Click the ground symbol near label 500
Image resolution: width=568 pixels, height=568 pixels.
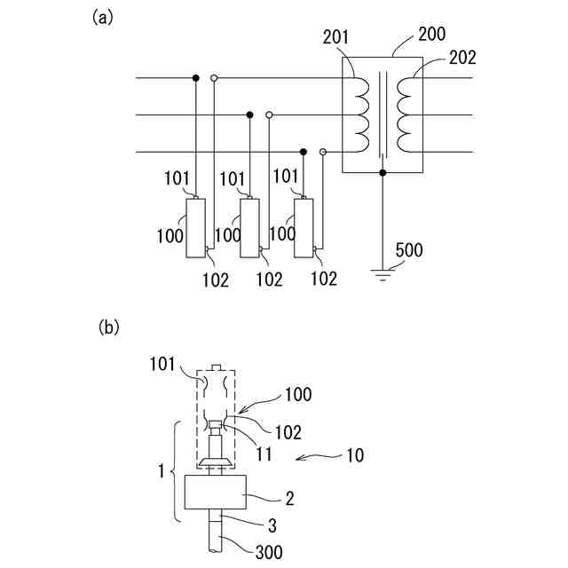[383, 275]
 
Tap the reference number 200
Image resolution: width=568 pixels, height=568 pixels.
[432, 35]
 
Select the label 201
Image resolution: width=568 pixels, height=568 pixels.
[335, 37]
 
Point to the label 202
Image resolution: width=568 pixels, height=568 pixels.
[462, 58]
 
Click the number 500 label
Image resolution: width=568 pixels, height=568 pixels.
[409, 250]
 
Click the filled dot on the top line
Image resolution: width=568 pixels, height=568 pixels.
[195, 78]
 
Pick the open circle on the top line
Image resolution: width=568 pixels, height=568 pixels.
[214, 78]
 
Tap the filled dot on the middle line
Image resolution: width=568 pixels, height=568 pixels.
[249, 115]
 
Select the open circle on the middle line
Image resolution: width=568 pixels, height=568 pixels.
[269, 115]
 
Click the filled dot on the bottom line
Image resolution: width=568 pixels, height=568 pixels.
[304, 152]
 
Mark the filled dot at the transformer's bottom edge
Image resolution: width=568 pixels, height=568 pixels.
[383, 173]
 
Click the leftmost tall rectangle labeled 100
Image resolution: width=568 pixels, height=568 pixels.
[195, 228]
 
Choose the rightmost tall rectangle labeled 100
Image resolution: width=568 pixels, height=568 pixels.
[304, 228]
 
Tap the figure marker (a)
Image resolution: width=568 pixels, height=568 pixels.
[103, 18]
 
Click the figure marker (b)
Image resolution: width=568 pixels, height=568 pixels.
[108, 327]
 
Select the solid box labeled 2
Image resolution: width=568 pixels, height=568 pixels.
[216, 493]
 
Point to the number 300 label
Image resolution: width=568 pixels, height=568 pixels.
[269, 552]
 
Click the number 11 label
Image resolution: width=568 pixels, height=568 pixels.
[264, 454]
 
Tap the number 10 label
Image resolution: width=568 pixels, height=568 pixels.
[355, 455]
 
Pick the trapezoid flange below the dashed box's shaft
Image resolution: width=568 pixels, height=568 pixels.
[217, 461]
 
